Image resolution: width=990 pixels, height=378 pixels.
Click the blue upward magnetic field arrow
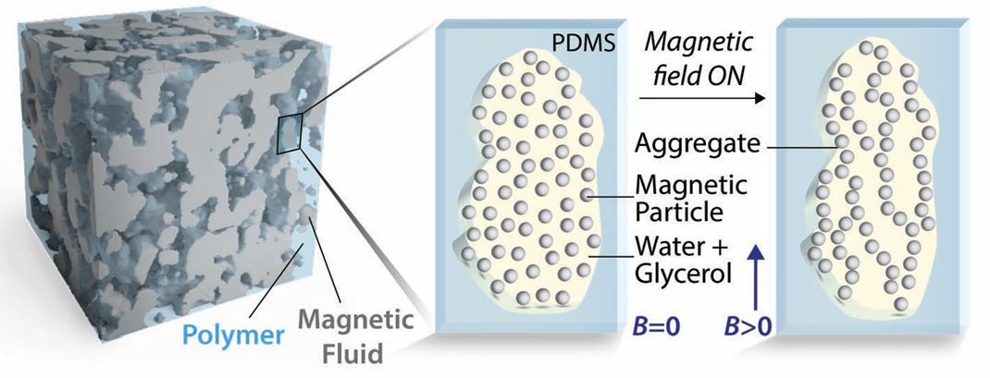(x=758, y=277)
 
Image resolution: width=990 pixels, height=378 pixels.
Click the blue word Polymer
(x=232, y=335)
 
